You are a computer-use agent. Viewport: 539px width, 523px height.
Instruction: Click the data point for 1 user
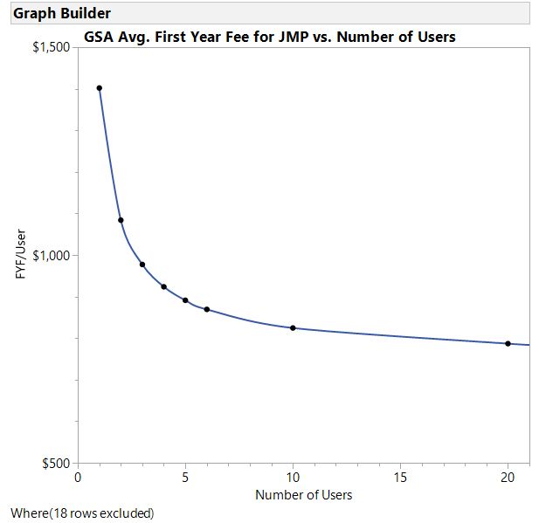click(x=100, y=88)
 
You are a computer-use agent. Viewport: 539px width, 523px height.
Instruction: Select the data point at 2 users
click(x=121, y=220)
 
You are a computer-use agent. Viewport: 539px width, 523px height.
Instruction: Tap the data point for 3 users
click(x=142, y=265)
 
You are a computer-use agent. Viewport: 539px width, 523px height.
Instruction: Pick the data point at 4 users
click(x=163, y=286)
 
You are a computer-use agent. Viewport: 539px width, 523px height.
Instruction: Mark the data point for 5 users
click(x=185, y=300)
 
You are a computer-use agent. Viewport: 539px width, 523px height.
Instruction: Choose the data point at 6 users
click(x=207, y=309)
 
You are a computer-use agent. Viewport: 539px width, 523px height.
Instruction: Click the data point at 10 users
click(x=293, y=328)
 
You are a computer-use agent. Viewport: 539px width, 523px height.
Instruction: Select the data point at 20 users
click(x=508, y=343)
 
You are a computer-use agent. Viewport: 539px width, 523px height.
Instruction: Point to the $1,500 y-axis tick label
click(x=52, y=47)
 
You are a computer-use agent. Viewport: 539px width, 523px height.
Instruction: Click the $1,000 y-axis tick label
click(x=52, y=255)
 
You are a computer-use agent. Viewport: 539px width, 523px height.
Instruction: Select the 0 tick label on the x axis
click(x=78, y=478)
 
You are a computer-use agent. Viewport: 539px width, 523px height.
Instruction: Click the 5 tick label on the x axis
click(x=185, y=478)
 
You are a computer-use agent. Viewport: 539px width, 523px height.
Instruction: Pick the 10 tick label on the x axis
click(x=293, y=478)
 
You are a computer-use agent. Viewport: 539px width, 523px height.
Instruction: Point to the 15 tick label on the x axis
click(x=400, y=478)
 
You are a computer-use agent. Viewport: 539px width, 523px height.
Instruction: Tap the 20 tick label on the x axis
click(x=508, y=478)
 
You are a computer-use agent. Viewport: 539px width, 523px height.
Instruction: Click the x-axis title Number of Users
click(x=303, y=495)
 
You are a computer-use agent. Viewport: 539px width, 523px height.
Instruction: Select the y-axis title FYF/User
click(x=21, y=255)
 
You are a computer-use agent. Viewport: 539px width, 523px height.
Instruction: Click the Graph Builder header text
click(x=61, y=13)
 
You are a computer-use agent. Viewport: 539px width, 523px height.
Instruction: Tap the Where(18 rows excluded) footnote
click(x=82, y=513)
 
